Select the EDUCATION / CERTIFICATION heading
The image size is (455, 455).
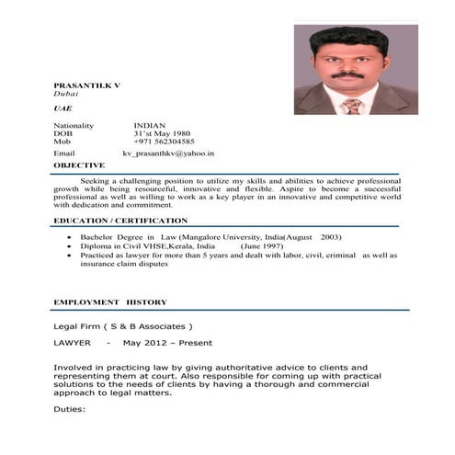click(120, 221)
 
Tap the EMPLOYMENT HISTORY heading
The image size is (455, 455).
click(109, 301)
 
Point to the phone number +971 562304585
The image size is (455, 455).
click(164, 142)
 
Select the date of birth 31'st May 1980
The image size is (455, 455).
click(161, 133)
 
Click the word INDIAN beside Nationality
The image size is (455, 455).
click(150, 125)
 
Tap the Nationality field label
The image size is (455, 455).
click(74, 125)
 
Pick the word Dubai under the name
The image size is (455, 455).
click(65, 94)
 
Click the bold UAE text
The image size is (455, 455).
click(63, 108)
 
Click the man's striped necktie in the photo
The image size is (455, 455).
click(351, 106)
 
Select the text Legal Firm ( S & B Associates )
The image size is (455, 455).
click(123, 326)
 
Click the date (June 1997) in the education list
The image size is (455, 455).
click(262, 246)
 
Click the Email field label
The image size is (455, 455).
click(64, 154)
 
